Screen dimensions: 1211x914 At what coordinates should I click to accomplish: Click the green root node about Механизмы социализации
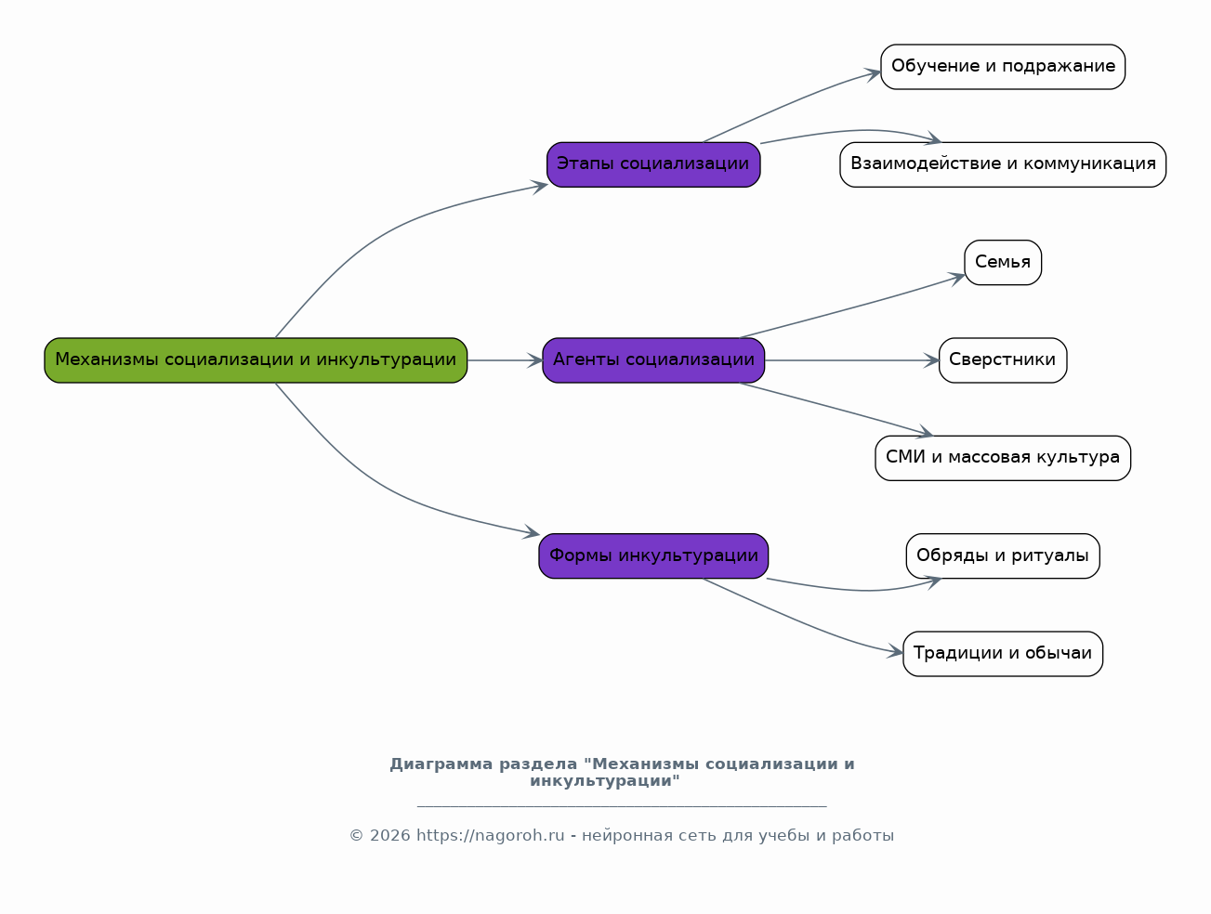tap(256, 360)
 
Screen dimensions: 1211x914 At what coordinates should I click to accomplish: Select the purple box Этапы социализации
tap(653, 164)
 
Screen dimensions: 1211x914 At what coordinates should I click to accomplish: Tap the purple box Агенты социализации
tap(653, 360)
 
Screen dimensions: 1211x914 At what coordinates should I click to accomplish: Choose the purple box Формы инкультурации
tap(653, 555)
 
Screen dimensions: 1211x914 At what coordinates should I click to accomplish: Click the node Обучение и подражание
tap(1003, 67)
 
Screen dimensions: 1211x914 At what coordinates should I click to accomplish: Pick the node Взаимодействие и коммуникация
tap(1003, 164)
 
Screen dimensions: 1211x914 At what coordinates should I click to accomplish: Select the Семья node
tap(1003, 262)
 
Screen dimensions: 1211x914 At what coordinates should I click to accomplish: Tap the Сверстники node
tap(1003, 360)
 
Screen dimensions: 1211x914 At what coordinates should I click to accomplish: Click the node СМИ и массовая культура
tap(1003, 458)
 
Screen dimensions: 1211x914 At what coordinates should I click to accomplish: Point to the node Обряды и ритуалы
tap(1003, 555)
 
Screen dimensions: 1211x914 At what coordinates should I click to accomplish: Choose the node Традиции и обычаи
tap(1003, 654)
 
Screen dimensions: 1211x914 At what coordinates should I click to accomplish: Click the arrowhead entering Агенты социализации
tap(535, 360)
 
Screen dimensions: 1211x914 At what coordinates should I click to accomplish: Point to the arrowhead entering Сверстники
tap(932, 360)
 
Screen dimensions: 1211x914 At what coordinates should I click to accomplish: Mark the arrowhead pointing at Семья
tap(957, 279)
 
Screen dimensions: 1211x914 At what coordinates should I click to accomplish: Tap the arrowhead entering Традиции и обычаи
tap(895, 651)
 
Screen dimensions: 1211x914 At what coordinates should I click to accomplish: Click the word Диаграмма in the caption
tap(441, 764)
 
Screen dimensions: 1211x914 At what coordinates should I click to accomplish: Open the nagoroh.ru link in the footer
tap(491, 836)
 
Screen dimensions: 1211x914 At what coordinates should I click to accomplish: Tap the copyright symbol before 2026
tap(356, 836)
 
